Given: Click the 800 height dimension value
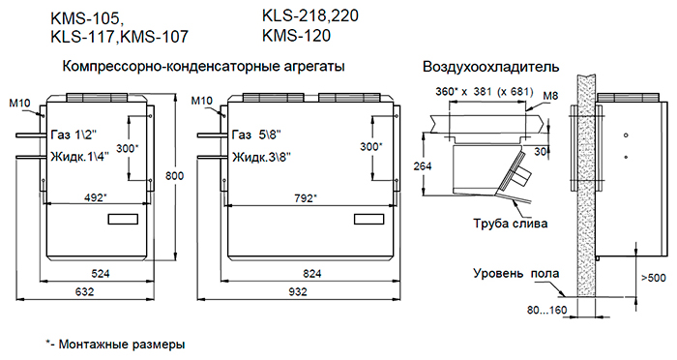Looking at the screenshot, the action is click(174, 176).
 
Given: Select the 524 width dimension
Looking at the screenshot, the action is click(101, 273).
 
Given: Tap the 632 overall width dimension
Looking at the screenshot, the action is click(85, 291).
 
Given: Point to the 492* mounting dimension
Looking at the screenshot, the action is click(95, 197).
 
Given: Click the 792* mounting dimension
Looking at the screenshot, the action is click(306, 198).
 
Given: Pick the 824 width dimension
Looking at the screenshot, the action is click(312, 274).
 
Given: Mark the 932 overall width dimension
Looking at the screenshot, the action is click(298, 291).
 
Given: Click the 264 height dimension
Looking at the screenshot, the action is click(423, 165).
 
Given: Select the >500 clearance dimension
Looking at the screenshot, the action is click(653, 278).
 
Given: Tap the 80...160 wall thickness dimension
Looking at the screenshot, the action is click(546, 310).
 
